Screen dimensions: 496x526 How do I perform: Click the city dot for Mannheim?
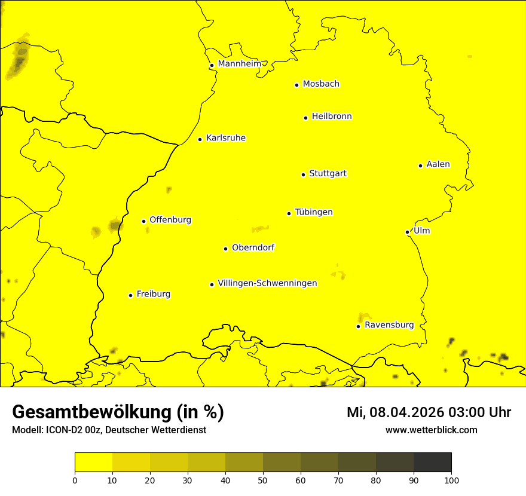coord(212,66)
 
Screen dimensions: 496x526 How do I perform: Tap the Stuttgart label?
coord(328,174)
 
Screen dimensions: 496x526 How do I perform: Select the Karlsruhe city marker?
coord(200,139)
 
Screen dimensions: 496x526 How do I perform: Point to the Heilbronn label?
coord(332,117)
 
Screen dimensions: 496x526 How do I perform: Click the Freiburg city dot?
coord(130,295)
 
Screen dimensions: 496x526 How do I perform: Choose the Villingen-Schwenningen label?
coord(267,283)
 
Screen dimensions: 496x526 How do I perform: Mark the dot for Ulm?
coord(407,232)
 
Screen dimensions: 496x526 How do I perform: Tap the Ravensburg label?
coord(389,325)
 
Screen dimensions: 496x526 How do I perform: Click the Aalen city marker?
coord(420,166)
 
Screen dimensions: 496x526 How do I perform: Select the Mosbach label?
coord(321,84)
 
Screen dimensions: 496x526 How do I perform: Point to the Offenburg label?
coord(170,220)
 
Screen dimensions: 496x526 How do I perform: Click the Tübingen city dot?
coord(289,213)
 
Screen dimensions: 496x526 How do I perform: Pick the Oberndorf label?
coord(253,247)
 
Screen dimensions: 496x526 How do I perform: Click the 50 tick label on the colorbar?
coord(263,480)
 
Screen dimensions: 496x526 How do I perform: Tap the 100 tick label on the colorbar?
coord(451,480)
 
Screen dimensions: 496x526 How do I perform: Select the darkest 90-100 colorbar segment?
coord(432,462)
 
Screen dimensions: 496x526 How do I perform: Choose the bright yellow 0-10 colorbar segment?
coord(94,462)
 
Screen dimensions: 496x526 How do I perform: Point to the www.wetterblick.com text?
coord(431,430)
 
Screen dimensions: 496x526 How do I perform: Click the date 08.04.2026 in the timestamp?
coord(400,412)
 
